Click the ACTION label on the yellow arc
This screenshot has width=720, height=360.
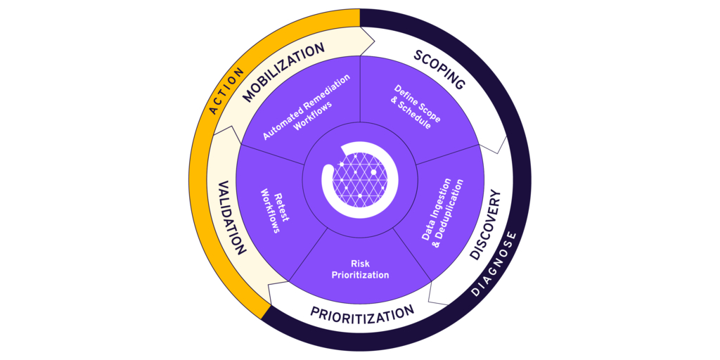pyautogui.click(x=226, y=91)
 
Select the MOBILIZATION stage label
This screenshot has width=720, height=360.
pyautogui.click(x=284, y=72)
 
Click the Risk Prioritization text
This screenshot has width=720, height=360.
pyautogui.click(x=360, y=269)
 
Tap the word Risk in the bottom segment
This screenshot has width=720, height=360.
pyautogui.click(x=360, y=264)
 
